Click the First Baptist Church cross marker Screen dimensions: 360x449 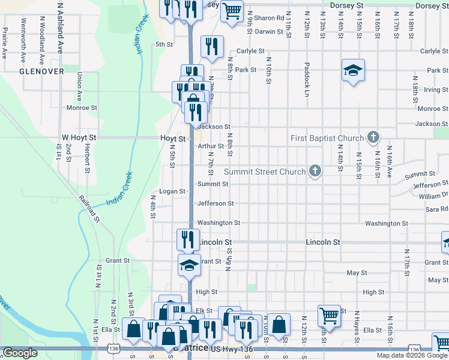tap(373, 138)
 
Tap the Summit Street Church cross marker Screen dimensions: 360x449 tap(314, 172)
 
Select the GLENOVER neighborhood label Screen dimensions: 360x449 tap(41, 71)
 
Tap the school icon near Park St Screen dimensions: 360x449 tap(354, 70)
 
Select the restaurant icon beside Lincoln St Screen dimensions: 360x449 tap(188, 239)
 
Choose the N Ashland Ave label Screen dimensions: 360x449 tap(60, 27)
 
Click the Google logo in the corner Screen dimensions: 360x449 tap(20, 353)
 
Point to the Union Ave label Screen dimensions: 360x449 tap(80, 86)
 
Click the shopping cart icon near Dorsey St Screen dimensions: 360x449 tap(231, 10)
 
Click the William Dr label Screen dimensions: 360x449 tap(433, 196)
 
